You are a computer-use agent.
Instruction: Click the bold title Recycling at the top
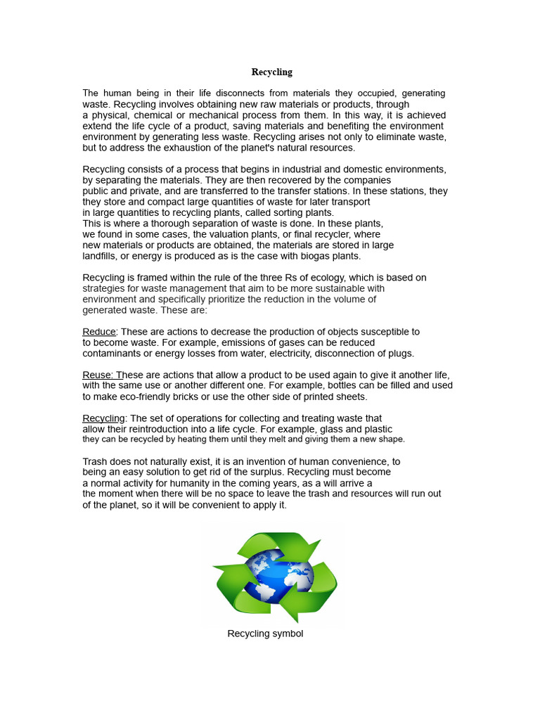coord(271,72)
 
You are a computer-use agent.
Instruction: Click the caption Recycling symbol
coord(265,634)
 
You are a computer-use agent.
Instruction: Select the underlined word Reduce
coord(98,332)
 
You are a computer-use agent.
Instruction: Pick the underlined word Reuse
coord(98,375)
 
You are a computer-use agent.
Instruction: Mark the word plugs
coord(402,354)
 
